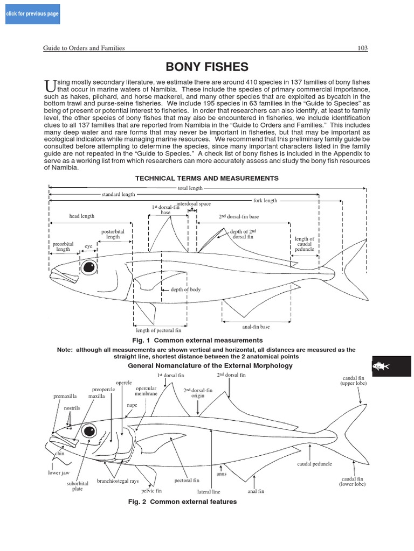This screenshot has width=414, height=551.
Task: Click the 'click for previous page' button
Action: pyautogui.click(x=32, y=13)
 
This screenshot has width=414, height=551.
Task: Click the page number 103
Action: pyautogui.click(x=363, y=48)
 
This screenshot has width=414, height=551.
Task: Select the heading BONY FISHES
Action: pyautogui.click(x=207, y=67)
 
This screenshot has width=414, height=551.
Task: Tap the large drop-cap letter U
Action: pyautogui.click(x=49, y=86)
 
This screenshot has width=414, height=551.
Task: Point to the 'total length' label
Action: pyautogui.click(x=190, y=188)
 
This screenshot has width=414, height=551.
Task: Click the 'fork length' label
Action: pyautogui.click(x=265, y=201)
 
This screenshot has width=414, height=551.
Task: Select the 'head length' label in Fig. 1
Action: pyautogui.click(x=81, y=216)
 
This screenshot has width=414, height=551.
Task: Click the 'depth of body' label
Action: pyautogui.click(x=185, y=289)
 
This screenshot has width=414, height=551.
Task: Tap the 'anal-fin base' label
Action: pyautogui.click(x=256, y=327)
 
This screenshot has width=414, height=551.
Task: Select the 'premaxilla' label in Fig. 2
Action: pyautogui.click(x=64, y=396)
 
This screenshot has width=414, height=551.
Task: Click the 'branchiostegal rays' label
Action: pyautogui.click(x=118, y=481)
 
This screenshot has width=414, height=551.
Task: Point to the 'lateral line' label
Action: pyautogui.click(x=209, y=491)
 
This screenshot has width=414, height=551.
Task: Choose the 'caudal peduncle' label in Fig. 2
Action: pyautogui.click(x=314, y=464)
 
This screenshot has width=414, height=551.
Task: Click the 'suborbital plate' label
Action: pyautogui.click(x=78, y=486)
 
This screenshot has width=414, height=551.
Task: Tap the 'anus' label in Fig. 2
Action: pyautogui.click(x=221, y=474)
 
